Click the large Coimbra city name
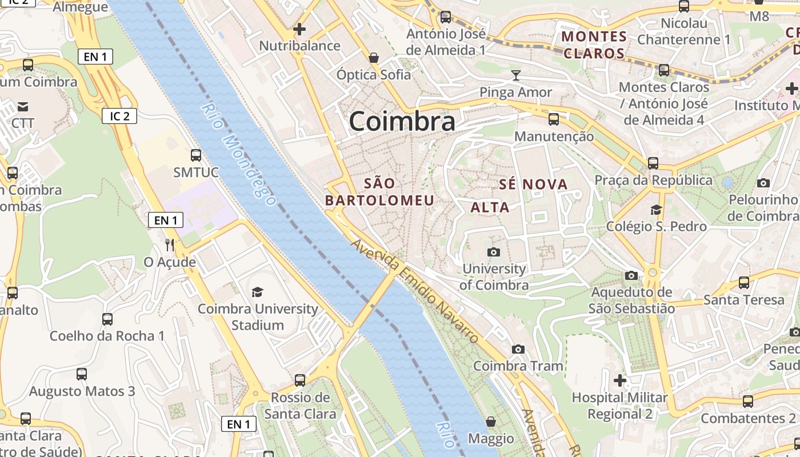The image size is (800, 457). [402, 121]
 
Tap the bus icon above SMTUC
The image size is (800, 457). [196, 155]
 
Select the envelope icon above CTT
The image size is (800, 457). [23, 107]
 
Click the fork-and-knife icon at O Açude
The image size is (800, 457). [170, 245]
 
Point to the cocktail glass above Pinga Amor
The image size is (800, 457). [516, 75]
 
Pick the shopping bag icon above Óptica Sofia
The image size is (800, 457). [374, 58]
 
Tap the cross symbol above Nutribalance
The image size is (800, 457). [299, 29]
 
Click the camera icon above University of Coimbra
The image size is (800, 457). [494, 252]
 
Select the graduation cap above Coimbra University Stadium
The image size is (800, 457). [258, 292]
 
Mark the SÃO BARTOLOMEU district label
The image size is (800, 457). [379, 192]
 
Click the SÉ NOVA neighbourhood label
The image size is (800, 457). [534, 185]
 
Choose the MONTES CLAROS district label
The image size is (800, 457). [594, 45]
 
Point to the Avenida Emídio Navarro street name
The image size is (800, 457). [414, 292]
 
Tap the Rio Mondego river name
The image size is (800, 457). [239, 154]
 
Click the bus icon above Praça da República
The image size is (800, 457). [653, 163]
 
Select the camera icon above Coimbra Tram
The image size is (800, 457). [518, 349]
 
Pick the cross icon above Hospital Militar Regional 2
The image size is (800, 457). [620, 380]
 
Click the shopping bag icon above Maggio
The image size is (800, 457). [491, 422]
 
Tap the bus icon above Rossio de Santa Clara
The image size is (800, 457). [300, 380]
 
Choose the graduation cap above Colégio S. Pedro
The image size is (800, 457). [656, 210]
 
